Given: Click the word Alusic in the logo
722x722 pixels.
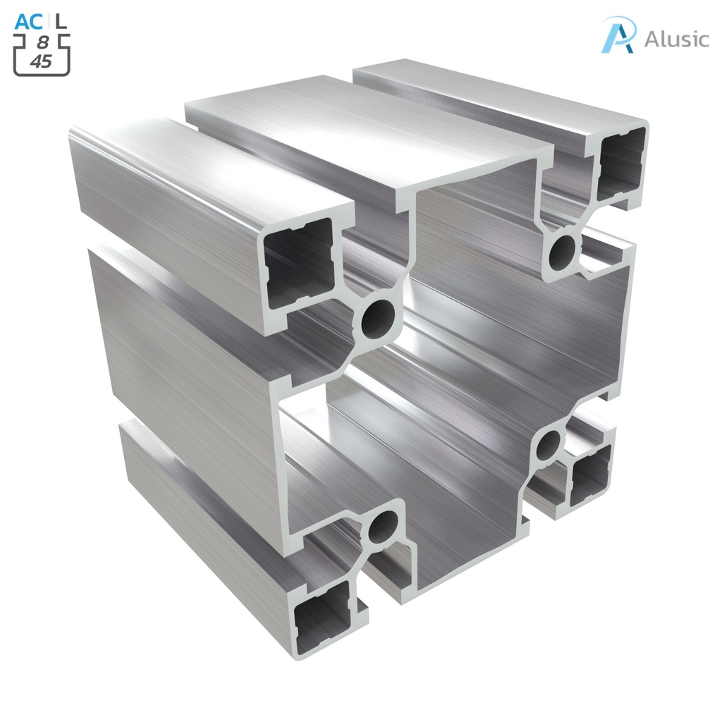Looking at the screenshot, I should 676,39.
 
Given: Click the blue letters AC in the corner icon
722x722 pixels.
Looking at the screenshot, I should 29,21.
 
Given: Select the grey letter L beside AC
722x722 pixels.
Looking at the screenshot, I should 62,21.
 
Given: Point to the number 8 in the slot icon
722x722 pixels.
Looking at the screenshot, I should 42,42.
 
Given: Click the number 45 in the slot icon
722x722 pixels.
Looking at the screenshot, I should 42,61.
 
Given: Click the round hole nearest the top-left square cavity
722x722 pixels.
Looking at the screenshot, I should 378,319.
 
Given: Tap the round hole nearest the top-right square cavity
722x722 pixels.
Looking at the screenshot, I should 563,250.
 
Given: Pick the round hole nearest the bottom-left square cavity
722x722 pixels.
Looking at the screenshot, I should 383,525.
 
